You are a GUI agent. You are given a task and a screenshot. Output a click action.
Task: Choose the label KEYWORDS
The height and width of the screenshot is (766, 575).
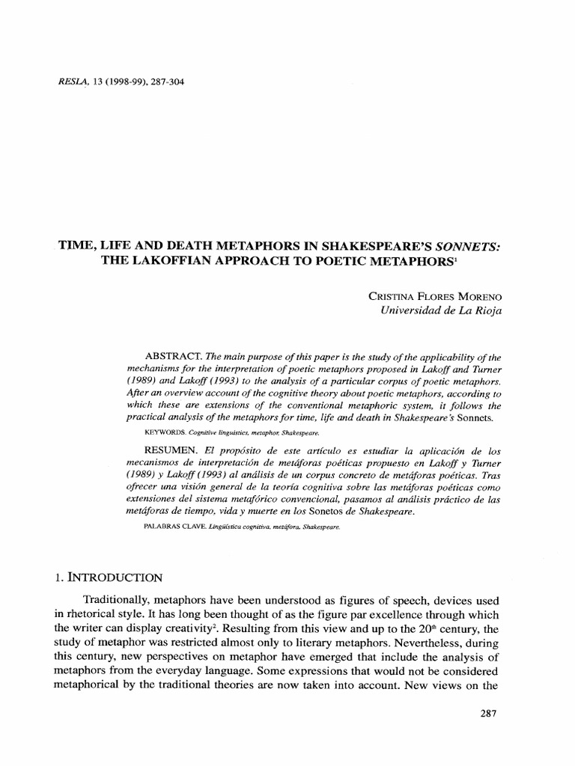pyautogui.click(x=163, y=432)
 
